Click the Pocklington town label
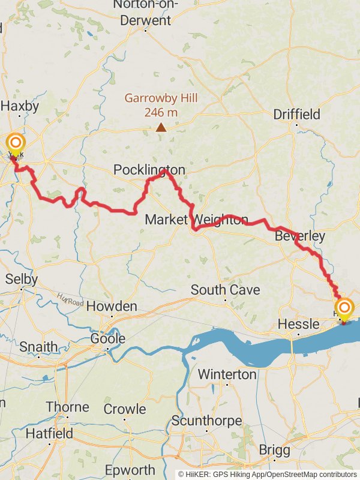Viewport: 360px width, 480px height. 149,171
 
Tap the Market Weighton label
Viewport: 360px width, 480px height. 196,220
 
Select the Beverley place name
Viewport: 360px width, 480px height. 299,236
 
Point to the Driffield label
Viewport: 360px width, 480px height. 296,114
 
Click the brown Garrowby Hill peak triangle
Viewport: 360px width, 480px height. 161,127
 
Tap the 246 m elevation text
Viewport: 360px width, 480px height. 161,112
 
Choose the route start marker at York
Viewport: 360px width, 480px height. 15,143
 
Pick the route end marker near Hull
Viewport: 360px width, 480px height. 344,310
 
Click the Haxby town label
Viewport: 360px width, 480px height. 20,106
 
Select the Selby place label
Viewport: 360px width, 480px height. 21,279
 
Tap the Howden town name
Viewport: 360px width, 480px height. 112,307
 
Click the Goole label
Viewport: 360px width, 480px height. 108,338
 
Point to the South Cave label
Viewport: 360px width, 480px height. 225,290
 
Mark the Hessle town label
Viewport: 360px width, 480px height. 298,325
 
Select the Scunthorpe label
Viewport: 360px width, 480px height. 206,421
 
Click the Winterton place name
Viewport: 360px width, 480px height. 227,374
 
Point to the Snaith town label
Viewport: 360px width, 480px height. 38,347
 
